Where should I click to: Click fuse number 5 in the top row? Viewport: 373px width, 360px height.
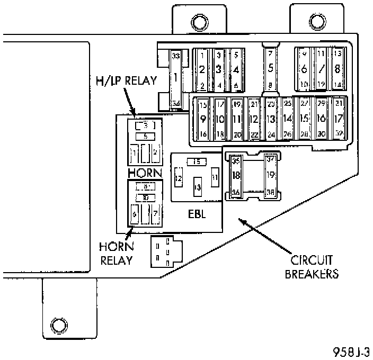coord(270,68)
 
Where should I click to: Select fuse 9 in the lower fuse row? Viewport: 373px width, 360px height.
coord(203,119)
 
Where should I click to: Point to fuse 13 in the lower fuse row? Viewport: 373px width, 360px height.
coord(271,119)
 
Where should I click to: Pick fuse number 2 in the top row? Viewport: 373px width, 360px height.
coord(202,69)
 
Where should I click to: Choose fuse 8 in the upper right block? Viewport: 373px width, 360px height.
coord(337,69)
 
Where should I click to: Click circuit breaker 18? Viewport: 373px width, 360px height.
coord(236,175)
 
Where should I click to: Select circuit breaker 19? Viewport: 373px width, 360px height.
coord(270,175)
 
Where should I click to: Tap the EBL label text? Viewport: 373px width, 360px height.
coord(196,214)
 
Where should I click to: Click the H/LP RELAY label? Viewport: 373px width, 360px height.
coord(126,80)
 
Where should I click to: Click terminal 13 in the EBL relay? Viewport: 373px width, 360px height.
coord(197,187)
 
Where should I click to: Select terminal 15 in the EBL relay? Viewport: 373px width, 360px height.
coord(197,161)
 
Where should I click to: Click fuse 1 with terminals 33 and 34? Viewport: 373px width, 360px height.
coord(176,78)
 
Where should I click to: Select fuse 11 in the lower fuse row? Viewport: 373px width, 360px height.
coord(237,119)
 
